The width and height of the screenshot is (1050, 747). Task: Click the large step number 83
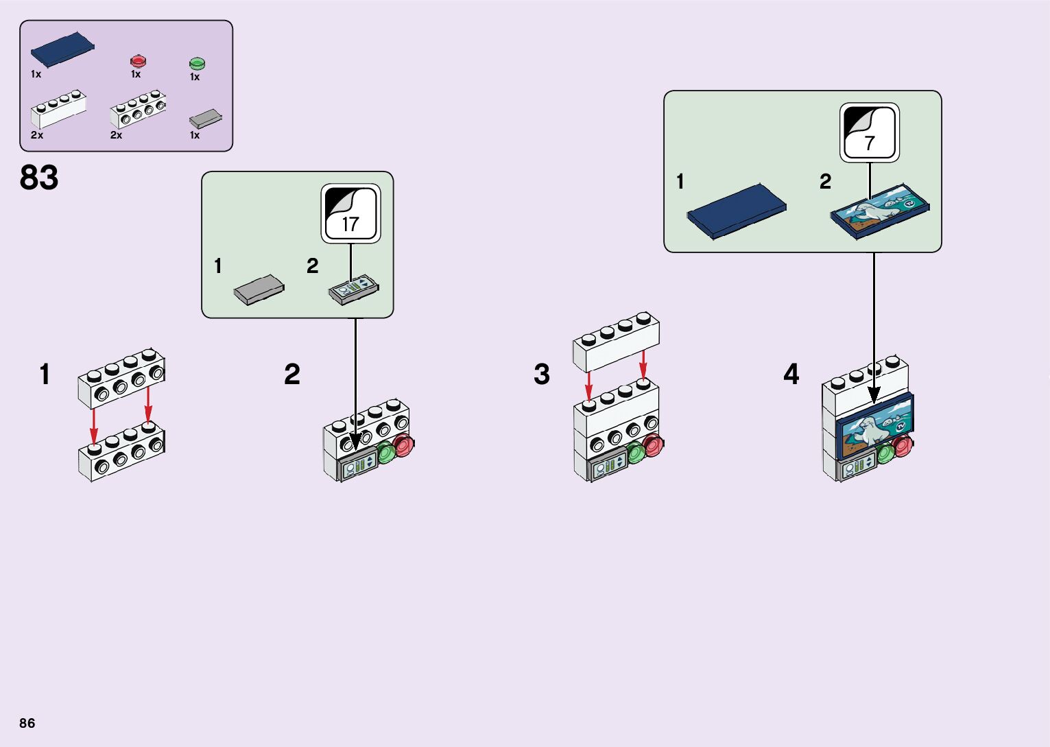(39, 178)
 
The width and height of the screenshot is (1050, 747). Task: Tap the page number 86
(27, 723)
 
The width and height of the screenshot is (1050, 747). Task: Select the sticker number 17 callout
(350, 213)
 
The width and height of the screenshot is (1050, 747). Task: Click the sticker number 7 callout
(870, 132)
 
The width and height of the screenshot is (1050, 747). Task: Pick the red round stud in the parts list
(138, 62)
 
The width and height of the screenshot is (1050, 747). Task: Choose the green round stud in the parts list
(197, 63)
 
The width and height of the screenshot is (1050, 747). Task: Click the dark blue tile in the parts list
(63, 49)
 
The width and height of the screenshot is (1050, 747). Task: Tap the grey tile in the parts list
(206, 119)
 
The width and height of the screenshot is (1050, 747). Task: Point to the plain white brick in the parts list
(58, 109)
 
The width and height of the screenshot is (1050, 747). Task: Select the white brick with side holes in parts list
(139, 109)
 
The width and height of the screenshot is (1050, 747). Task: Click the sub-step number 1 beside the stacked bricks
(45, 375)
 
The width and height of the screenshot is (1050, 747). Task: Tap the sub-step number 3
(541, 375)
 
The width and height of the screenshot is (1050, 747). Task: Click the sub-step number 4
(791, 375)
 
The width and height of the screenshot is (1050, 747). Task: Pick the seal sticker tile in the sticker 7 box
(880, 213)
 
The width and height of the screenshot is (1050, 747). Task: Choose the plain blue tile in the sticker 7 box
(737, 211)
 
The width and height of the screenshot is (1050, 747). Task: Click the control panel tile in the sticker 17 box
(354, 289)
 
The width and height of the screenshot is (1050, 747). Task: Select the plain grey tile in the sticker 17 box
(259, 289)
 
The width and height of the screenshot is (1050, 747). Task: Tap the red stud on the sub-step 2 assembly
(404, 445)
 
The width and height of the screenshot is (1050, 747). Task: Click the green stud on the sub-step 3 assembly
(636, 453)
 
